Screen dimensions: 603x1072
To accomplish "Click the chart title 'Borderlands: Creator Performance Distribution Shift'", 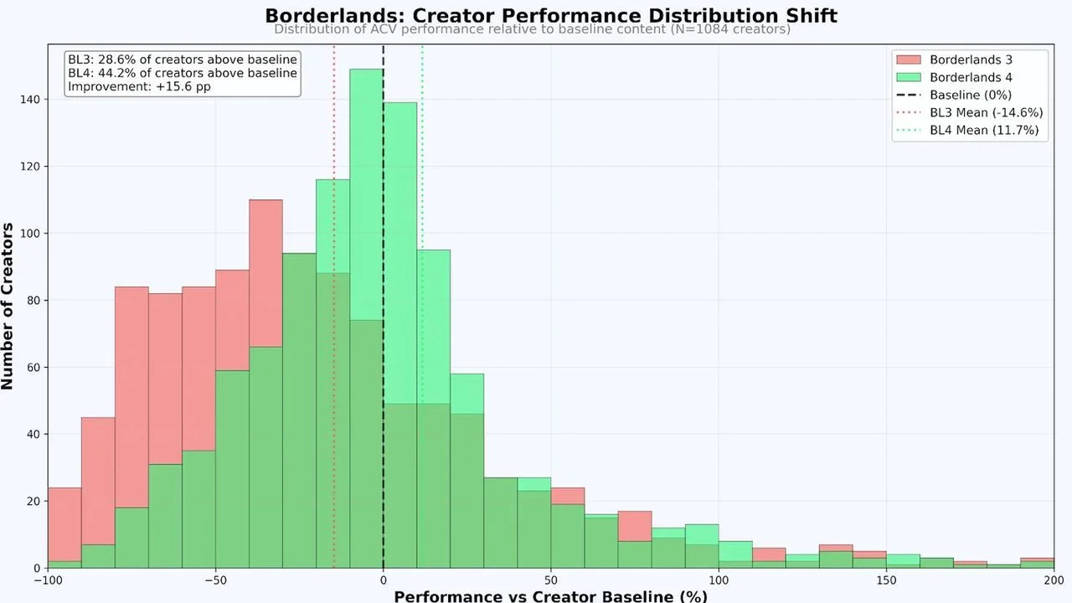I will (x=550, y=15).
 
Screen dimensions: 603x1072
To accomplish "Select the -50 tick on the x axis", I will (x=215, y=580).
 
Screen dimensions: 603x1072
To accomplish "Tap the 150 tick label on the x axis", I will (x=887, y=580).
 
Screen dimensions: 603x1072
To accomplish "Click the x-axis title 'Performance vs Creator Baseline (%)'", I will (x=550, y=596).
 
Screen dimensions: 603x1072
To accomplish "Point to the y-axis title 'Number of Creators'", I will (x=8, y=306).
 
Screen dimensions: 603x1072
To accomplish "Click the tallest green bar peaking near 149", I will (x=366, y=209).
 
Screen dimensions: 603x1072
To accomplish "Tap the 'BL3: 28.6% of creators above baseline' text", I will (x=182, y=59).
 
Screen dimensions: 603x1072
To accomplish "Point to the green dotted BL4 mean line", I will (x=422, y=209).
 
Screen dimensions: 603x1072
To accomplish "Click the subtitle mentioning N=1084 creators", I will (x=532, y=30).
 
